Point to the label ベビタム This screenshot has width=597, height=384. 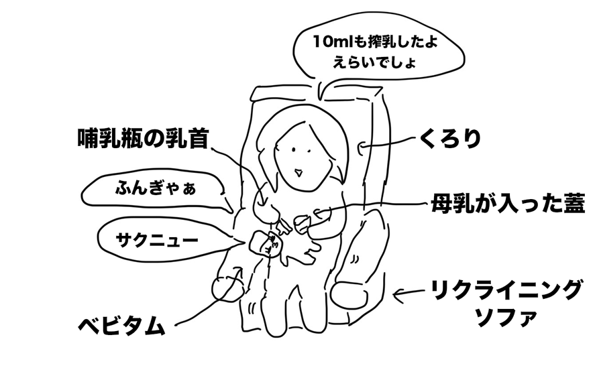tap(121, 326)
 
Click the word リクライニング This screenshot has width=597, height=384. tap(505, 292)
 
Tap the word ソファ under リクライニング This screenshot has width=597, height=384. tap(506, 317)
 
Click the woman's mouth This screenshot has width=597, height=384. tap(300, 172)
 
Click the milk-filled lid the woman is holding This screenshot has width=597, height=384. tap(303, 222)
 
